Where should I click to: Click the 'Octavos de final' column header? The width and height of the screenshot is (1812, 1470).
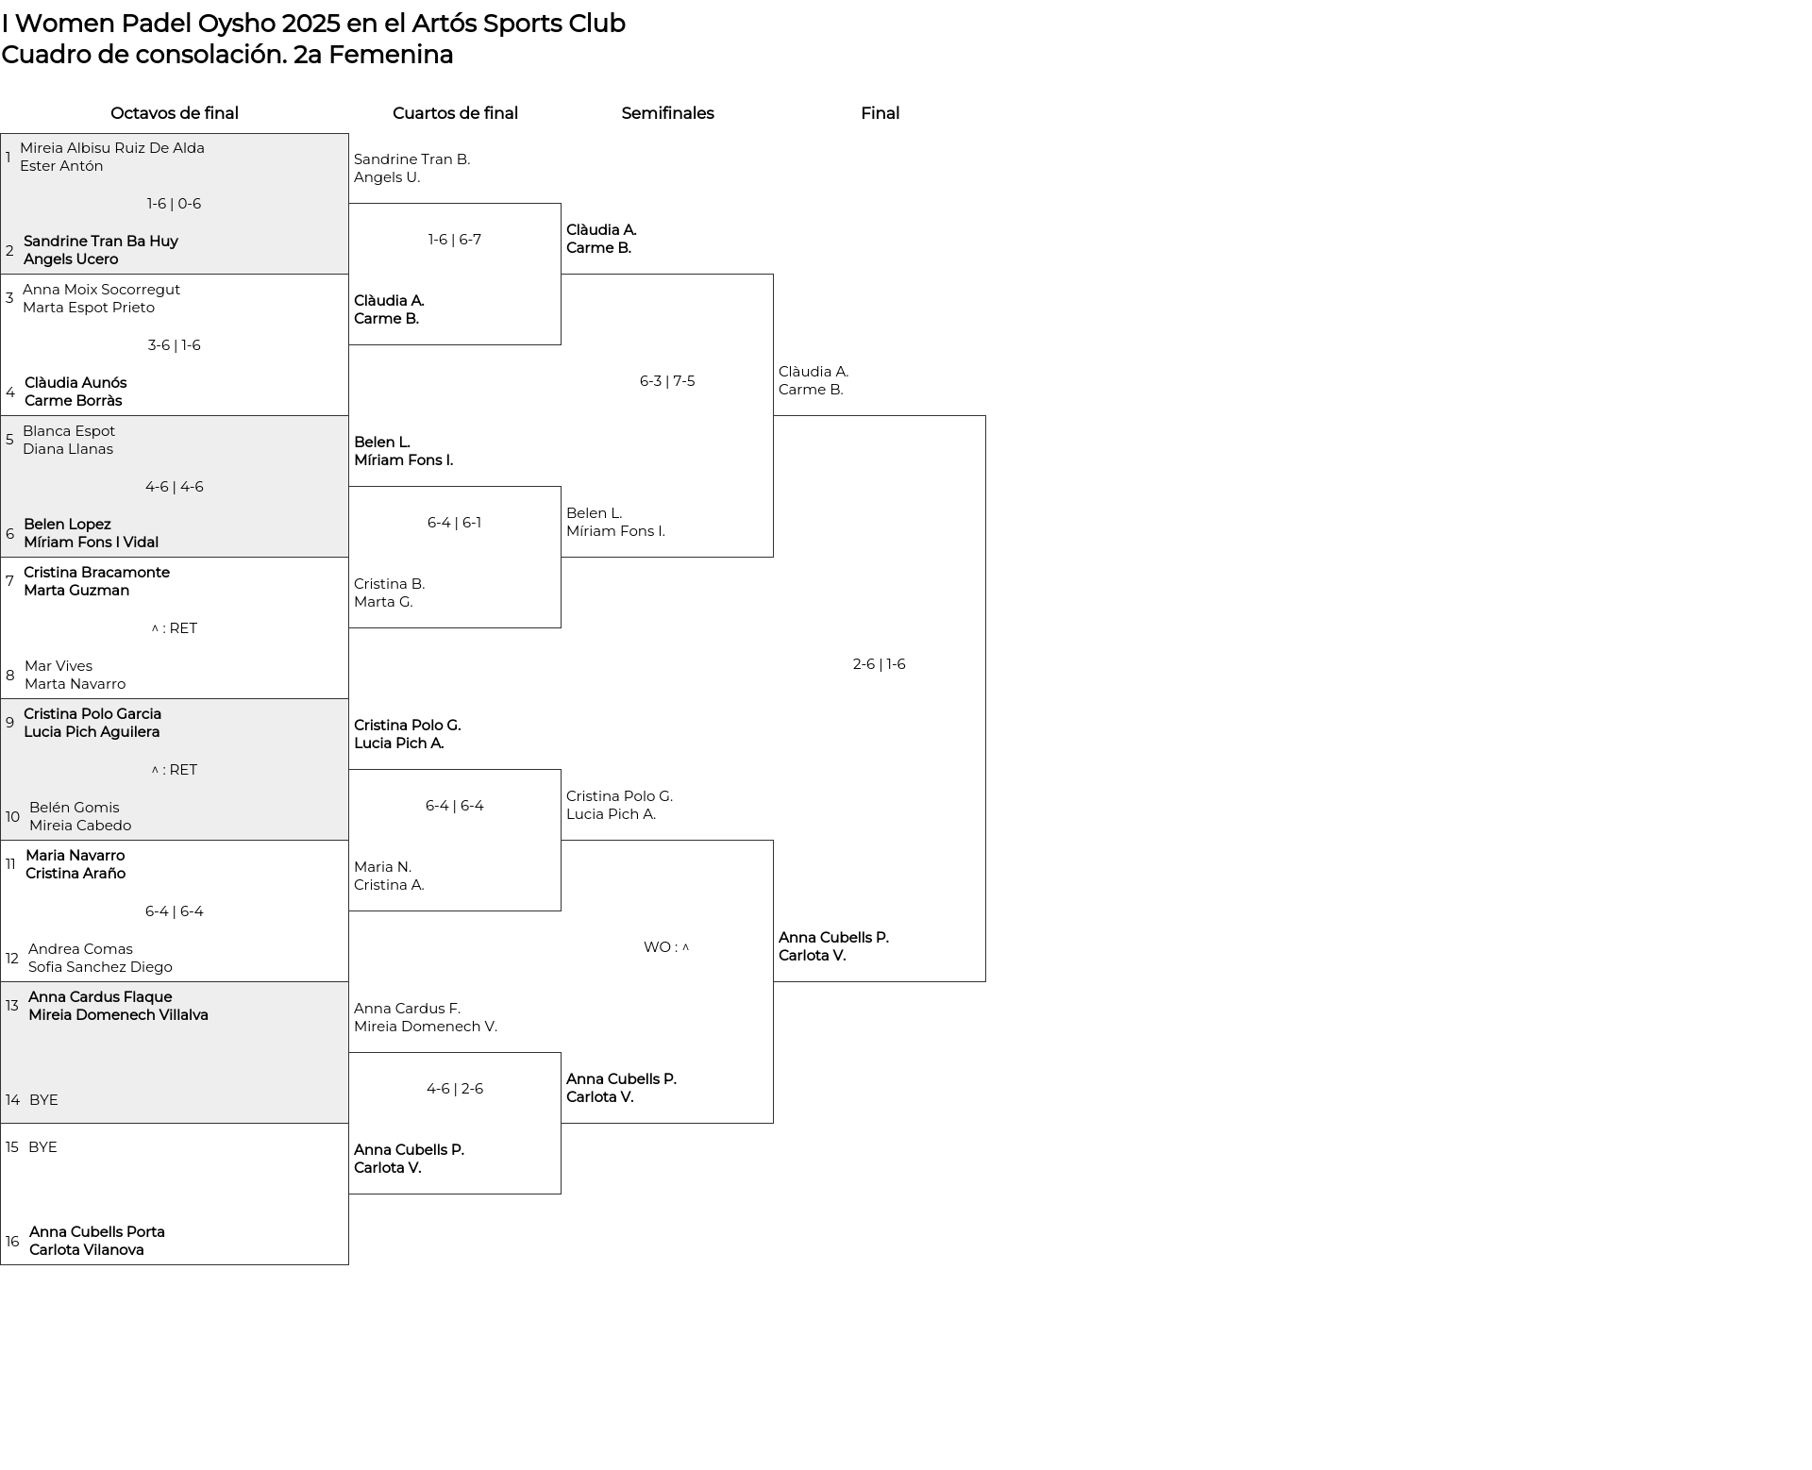(x=175, y=113)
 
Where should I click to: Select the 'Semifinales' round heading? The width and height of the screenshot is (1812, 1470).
(x=667, y=113)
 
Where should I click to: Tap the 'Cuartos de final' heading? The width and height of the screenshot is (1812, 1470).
(x=455, y=113)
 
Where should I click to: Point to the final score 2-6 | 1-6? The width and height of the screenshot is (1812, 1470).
(x=879, y=664)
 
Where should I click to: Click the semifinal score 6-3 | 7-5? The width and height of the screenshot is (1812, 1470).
(x=667, y=381)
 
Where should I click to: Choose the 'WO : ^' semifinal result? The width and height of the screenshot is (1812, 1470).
(x=666, y=947)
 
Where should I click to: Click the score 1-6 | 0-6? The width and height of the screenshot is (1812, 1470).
(x=175, y=204)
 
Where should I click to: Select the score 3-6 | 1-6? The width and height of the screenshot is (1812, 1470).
(x=175, y=345)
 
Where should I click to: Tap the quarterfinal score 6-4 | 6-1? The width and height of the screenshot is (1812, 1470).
(x=454, y=523)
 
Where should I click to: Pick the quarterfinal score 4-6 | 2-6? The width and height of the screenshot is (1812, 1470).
(x=455, y=1089)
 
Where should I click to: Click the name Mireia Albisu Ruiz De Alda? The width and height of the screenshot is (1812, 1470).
(x=112, y=148)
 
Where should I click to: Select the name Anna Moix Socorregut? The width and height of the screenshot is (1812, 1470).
(x=101, y=290)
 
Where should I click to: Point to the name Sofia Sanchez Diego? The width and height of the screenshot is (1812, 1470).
(x=100, y=967)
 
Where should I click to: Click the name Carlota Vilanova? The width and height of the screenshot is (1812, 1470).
(x=87, y=1250)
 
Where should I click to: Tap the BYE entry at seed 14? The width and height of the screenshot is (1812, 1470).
(x=43, y=1100)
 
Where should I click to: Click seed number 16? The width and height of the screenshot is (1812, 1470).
(x=12, y=1242)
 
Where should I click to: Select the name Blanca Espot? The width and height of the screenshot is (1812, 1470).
(x=69, y=431)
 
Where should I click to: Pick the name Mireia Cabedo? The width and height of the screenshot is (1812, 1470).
(x=80, y=826)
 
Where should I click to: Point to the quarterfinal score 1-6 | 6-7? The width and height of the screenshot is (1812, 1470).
(x=455, y=240)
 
